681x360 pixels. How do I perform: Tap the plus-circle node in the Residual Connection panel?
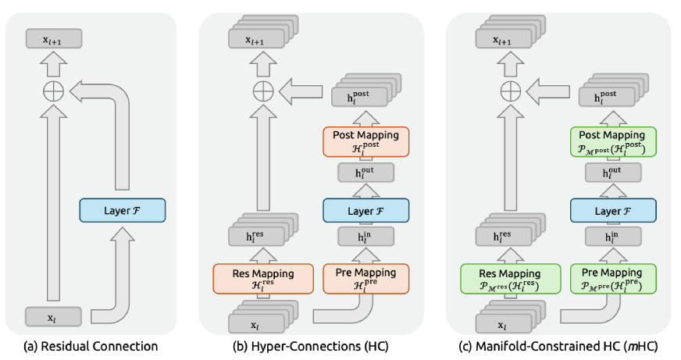click(52, 92)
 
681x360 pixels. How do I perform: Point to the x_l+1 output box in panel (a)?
click(52, 38)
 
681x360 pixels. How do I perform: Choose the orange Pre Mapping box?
click(365, 278)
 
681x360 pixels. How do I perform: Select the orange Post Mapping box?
click(365, 140)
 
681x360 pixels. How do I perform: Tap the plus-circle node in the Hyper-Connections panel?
click(263, 91)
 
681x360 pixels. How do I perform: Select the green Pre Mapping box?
click(613, 278)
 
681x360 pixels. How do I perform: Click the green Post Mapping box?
click(613, 140)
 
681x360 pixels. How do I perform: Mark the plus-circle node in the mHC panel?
click(510, 91)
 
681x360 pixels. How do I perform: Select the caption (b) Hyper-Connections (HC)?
click(311, 346)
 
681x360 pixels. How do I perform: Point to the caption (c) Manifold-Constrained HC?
click(558, 346)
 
